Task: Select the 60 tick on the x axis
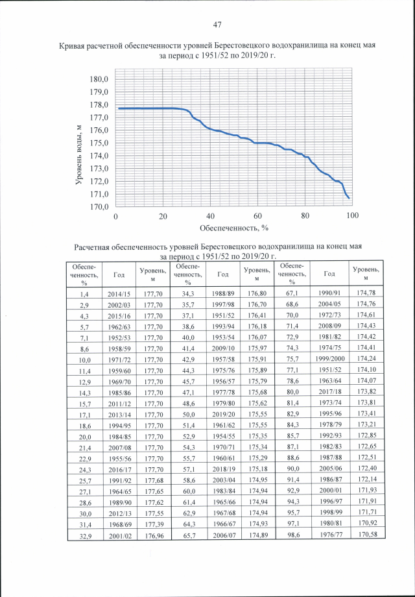tap(257, 216)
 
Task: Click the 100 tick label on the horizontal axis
tap(353, 216)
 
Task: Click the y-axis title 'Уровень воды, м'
tap(78, 156)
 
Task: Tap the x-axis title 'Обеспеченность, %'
tap(233, 228)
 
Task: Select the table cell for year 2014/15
tap(119, 293)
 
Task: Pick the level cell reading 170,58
tap(366, 533)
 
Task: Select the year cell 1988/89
tap(223, 293)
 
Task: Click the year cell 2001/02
tap(119, 533)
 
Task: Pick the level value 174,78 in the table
tap(366, 293)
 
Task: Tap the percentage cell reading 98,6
tap(292, 533)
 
